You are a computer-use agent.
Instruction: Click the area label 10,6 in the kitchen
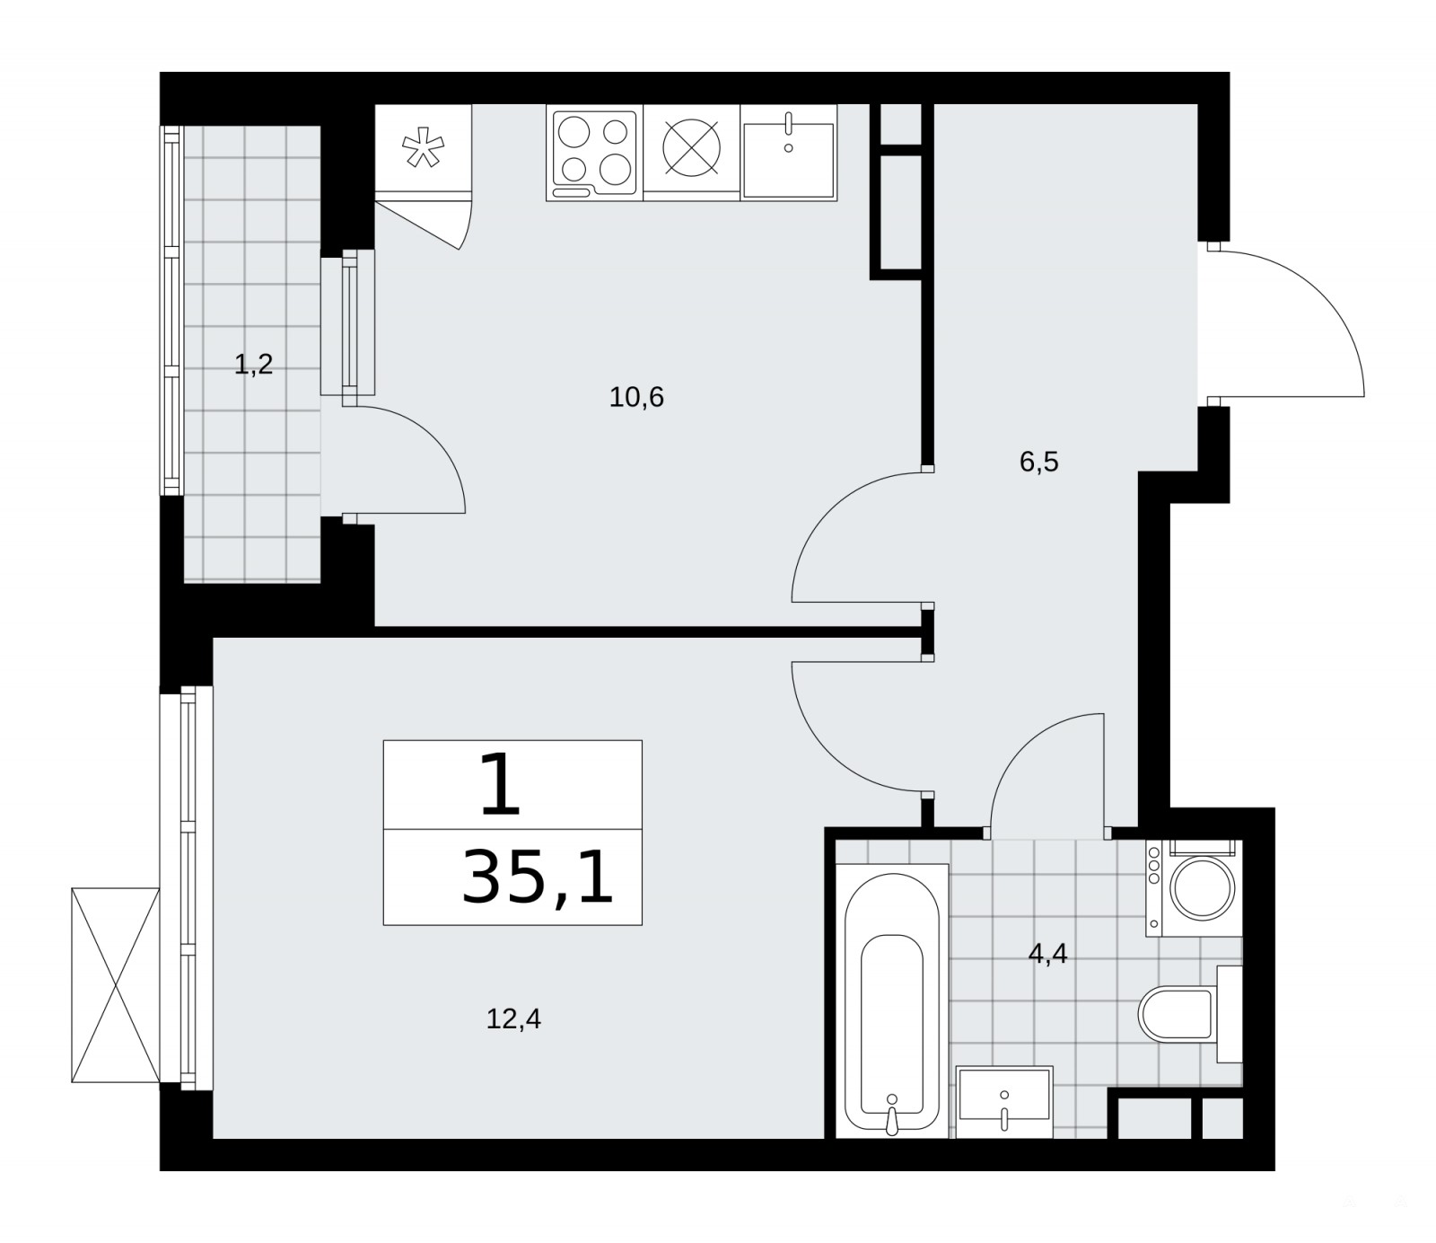coord(636,397)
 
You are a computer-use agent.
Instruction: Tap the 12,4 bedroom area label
coord(513,1019)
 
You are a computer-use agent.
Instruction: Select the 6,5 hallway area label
coord(1039,462)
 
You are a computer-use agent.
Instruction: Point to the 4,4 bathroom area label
coord(1047,954)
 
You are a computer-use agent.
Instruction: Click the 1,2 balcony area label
coord(253,365)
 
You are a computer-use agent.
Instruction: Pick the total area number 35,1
coord(538,877)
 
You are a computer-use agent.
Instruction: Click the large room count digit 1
coord(501,785)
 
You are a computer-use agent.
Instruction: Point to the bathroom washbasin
coord(1004,1102)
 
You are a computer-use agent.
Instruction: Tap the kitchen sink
coord(789,153)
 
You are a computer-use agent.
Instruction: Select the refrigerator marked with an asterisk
coord(423,149)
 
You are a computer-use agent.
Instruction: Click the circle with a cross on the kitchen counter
coord(692,146)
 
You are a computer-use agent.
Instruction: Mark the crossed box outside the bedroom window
coord(116,985)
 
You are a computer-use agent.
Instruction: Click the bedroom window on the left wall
coord(187,888)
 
